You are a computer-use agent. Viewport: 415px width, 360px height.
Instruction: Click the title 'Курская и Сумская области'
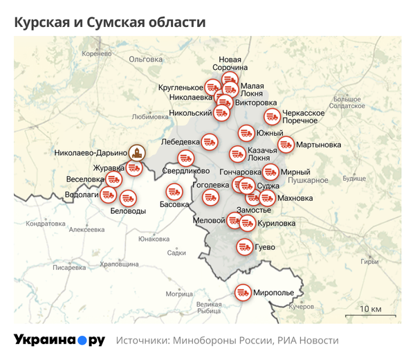pyautogui.click(x=110, y=22)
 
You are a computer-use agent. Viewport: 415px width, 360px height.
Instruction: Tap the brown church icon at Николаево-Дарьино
pyautogui.click(x=138, y=153)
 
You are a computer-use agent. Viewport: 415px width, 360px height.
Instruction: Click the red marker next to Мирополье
pyautogui.click(x=242, y=293)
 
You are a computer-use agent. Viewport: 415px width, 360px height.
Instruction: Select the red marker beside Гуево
pyautogui.click(x=243, y=246)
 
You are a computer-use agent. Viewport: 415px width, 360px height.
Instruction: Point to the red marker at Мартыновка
pyautogui.click(x=285, y=145)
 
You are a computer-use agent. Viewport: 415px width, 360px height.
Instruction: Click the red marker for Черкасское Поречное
pyautogui.click(x=272, y=116)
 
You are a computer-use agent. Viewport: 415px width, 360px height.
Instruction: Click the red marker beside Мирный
pyautogui.click(x=270, y=172)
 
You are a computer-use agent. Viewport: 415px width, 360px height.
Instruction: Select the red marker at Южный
pyautogui.click(x=246, y=133)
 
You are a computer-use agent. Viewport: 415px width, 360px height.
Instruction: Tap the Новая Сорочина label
pyautogui.click(x=230, y=64)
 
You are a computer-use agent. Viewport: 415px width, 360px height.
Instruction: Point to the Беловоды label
pyautogui.click(x=128, y=210)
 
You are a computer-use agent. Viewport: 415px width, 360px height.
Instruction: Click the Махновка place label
pyautogui.click(x=295, y=198)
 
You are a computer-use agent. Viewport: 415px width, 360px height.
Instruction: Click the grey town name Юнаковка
pyautogui.click(x=154, y=239)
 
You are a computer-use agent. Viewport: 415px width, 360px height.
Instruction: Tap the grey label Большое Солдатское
pyautogui.click(x=347, y=102)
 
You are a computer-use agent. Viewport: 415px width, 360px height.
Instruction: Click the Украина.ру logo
pyautogui.click(x=59, y=340)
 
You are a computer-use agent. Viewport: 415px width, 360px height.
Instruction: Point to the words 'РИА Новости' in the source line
pyautogui.click(x=308, y=341)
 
